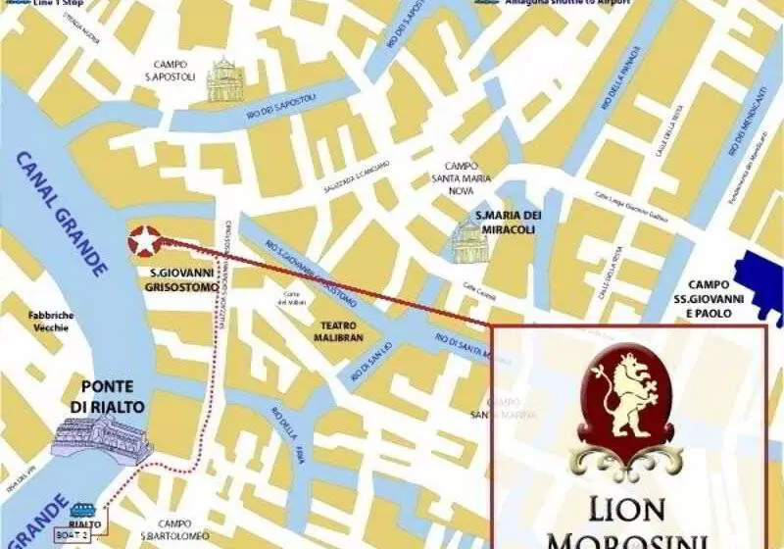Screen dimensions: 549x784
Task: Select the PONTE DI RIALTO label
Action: click(114, 395)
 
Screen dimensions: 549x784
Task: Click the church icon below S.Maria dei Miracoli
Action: click(467, 242)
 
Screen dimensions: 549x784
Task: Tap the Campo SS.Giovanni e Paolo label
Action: click(729, 291)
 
